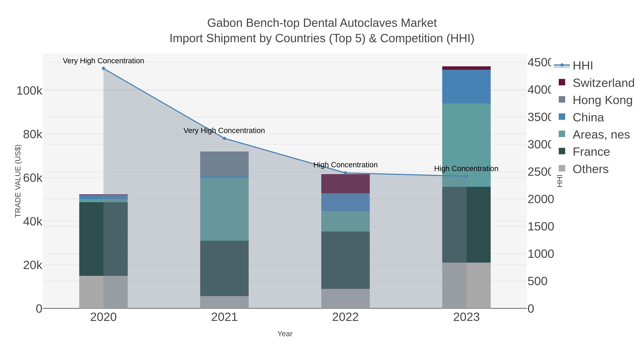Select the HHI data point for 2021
[224, 138]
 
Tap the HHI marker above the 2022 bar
[345, 173]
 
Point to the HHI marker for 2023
[466, 176]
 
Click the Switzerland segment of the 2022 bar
[345, 184]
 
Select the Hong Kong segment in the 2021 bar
[224, 163]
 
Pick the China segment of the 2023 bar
[466, 87]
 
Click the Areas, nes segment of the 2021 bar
[224, 209]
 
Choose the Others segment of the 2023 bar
[466, 285]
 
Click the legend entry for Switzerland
[603, 83]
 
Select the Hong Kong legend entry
[602, 100]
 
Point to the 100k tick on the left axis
[30, 90]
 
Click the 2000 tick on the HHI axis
[540, 199]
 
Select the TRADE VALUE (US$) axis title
[18, 181]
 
